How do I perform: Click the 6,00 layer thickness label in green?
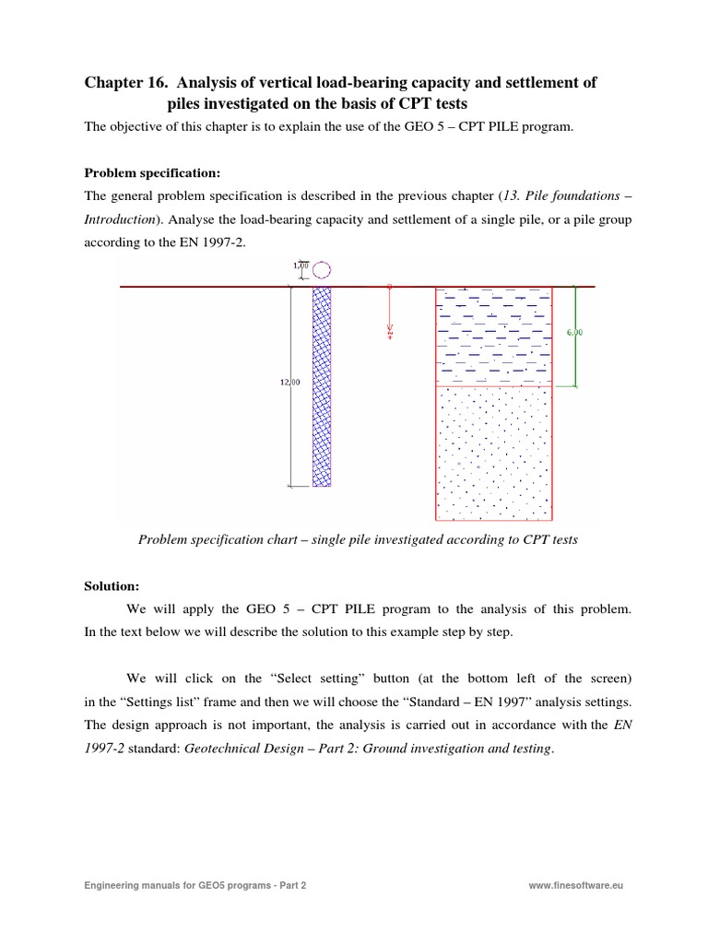click(x=573, y=332)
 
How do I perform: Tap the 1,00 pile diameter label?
click(x=300, y=266)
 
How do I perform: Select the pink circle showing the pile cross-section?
click(x=322, y=269)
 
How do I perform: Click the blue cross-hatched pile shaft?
click(x=322, y=387)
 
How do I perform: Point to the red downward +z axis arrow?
click(x=390, y=313)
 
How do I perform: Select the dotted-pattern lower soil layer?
click(x=495, y=452)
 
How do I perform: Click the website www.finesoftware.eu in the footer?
click(x=577, y=886)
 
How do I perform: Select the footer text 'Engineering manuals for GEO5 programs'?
click(x=181, y=886)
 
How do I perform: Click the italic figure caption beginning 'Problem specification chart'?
click(x=358, y=539)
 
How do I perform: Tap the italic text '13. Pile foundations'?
click(x=560, y=196)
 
